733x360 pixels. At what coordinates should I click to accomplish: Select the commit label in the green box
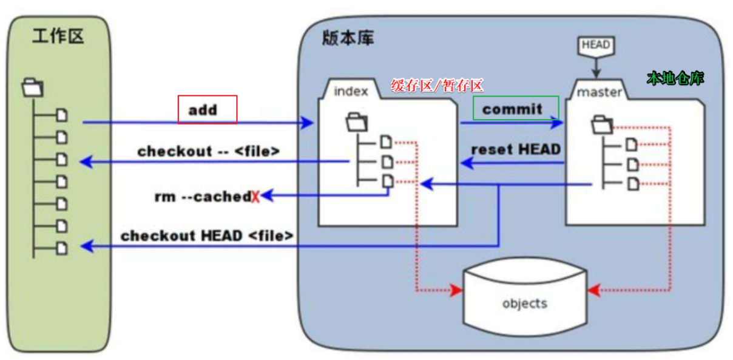pos(513,109)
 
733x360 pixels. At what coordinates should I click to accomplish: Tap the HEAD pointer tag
pos(596,45)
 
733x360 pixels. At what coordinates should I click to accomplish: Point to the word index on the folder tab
pos(351,92)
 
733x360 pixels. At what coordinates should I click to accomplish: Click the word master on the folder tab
pos(600,92)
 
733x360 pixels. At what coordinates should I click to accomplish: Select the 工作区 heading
pos(58,37)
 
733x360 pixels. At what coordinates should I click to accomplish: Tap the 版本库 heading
pos(348,38)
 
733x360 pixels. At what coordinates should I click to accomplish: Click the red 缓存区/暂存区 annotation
pos(437,86)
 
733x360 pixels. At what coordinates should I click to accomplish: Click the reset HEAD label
pos(516,149)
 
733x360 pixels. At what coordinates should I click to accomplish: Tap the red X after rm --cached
pos(255,197)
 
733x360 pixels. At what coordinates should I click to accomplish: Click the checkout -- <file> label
pos(209,151)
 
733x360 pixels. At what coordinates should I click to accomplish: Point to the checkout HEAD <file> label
pos(208,236)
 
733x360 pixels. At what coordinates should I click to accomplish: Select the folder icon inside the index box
pos(356,122)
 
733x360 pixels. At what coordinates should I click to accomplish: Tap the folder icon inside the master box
pos(603,124)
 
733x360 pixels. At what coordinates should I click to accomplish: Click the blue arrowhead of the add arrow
pos(308,123)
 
